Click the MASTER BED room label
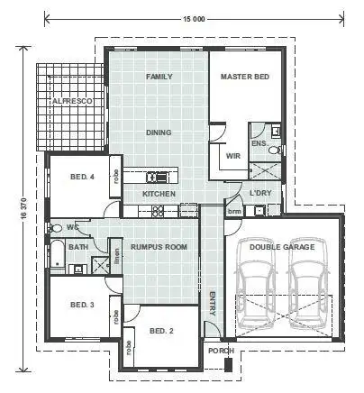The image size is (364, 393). click(x=244, y=78)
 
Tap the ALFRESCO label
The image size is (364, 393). click(x=71, y=103)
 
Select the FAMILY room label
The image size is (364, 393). click(x=159, y=78)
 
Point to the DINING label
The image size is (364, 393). click(x=159, y=133)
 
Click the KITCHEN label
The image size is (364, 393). click(x=159, y=194)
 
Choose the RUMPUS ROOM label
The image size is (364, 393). click(x=159, y=246)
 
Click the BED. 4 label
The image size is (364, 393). click(x=82, y=177)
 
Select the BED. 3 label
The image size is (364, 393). click(x=82, y=306)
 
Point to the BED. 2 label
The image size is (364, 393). click(x=161, y=331)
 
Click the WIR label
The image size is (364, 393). click(x=232, y=156)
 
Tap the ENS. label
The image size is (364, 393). click(x=259, y=144)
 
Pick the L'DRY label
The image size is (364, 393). click(x=260, y=194)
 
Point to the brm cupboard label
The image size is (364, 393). click(x=234, y=211)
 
